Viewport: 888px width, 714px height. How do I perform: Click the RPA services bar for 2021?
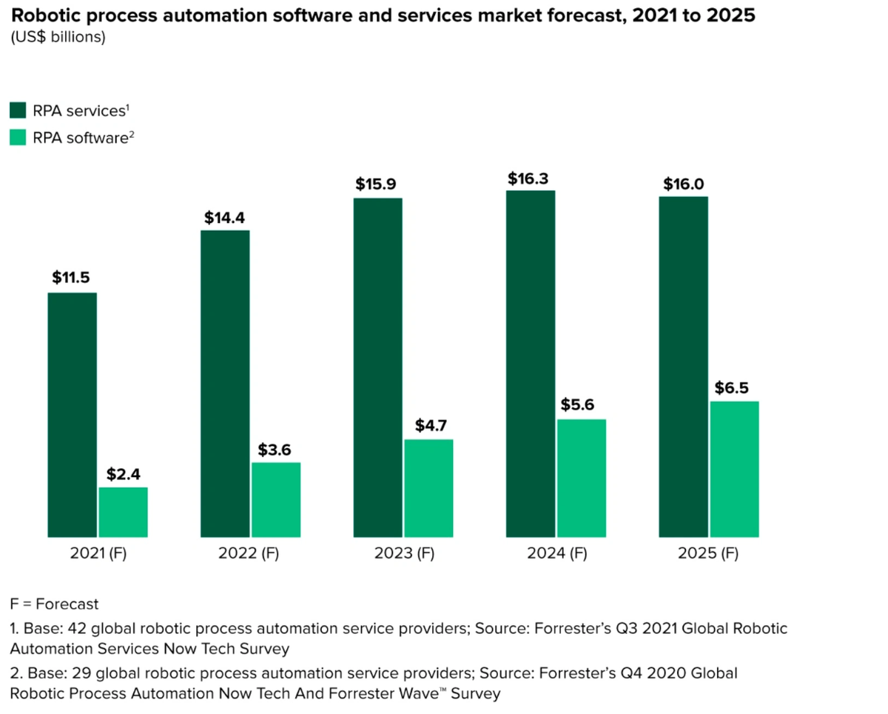73,415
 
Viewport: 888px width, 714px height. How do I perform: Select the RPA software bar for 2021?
123,512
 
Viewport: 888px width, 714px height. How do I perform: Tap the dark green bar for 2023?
378,367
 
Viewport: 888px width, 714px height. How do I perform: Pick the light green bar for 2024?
582,478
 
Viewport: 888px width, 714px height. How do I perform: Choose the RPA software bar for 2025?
734,469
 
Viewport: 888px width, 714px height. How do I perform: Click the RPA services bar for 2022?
225,384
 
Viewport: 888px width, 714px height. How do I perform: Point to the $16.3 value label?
530,178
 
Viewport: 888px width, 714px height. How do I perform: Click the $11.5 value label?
73,278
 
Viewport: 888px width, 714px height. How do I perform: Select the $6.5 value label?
734,387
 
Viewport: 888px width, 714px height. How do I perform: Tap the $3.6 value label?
276,449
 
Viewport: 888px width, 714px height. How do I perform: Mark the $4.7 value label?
428,426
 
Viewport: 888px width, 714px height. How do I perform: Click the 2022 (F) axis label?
249,553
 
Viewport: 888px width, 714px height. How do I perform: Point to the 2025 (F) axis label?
708,553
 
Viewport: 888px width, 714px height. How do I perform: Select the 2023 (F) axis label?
403,553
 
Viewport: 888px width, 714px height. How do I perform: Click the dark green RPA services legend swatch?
18,111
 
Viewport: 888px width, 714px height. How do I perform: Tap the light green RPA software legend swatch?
18,136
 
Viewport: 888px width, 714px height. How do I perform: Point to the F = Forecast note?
55,604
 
